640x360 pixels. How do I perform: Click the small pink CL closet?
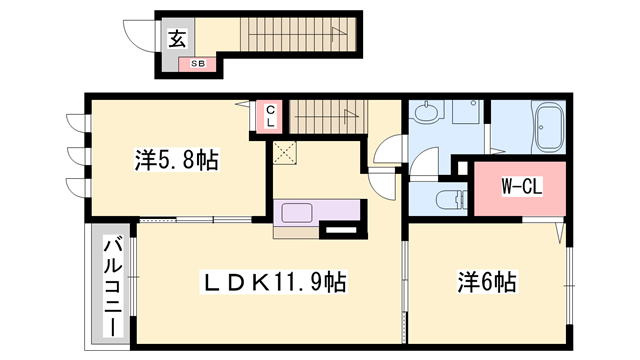coord(271,115)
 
